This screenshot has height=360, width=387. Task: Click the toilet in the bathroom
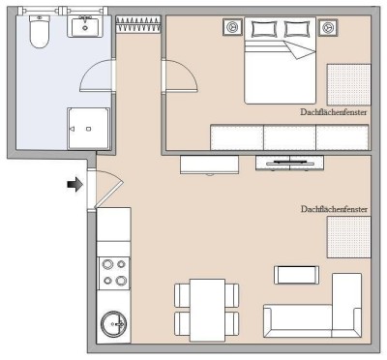pyautogui.click(x=40, y=33)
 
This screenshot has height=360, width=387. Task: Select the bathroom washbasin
pyautogui.click(x=85, y=27)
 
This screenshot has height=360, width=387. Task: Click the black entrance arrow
pyautogui.click(x=74, y=184)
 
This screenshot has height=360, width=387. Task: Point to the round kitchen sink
pyautogui.click(x=114, y=321)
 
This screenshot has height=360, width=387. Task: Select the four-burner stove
pyautogui.click(x=114, y=272)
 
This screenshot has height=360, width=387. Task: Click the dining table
pyautogui.click(x=204, y=306)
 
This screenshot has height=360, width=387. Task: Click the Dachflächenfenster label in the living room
pyautogui.click(x=334, y=208)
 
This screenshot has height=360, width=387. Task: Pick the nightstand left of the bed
pyautogui.click(x=232, y=28)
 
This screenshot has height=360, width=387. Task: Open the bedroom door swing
pyautogui.click(x=177, y=75)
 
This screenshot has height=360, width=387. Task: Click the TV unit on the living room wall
pyautogui.click(x=288, y=162)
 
